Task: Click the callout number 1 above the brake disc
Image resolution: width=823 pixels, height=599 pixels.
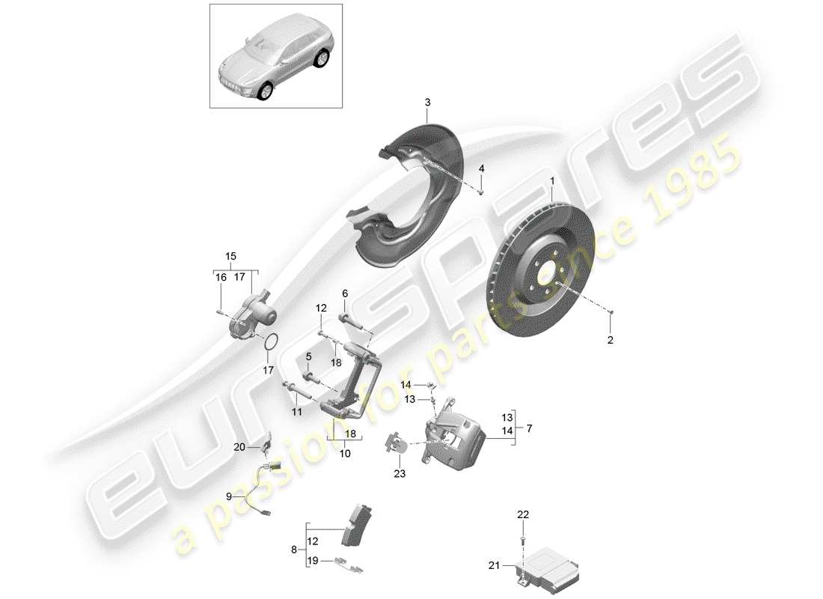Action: click(x=553, y=181)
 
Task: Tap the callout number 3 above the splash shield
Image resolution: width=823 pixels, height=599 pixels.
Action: click(x=427, y=102)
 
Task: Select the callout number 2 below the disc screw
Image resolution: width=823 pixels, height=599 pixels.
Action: click(x=610, y=340)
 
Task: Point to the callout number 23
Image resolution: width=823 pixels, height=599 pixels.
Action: click(x=399, y=472)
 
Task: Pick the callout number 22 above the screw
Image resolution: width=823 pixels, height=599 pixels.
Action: click(x=523, y=514)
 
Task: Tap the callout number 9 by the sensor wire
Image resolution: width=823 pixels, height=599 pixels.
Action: click(x=230, y=496)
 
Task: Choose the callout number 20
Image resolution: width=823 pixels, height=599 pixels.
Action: click(x=239, y=448)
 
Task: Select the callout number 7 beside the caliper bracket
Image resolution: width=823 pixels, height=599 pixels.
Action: click(x=529, y=429)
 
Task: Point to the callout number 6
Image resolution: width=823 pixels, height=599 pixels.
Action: click(x=345, y=294)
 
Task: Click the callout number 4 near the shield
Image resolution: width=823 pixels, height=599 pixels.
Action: click(x=481, y=169)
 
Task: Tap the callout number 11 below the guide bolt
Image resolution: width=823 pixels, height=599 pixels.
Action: click(x=296, y=412)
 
